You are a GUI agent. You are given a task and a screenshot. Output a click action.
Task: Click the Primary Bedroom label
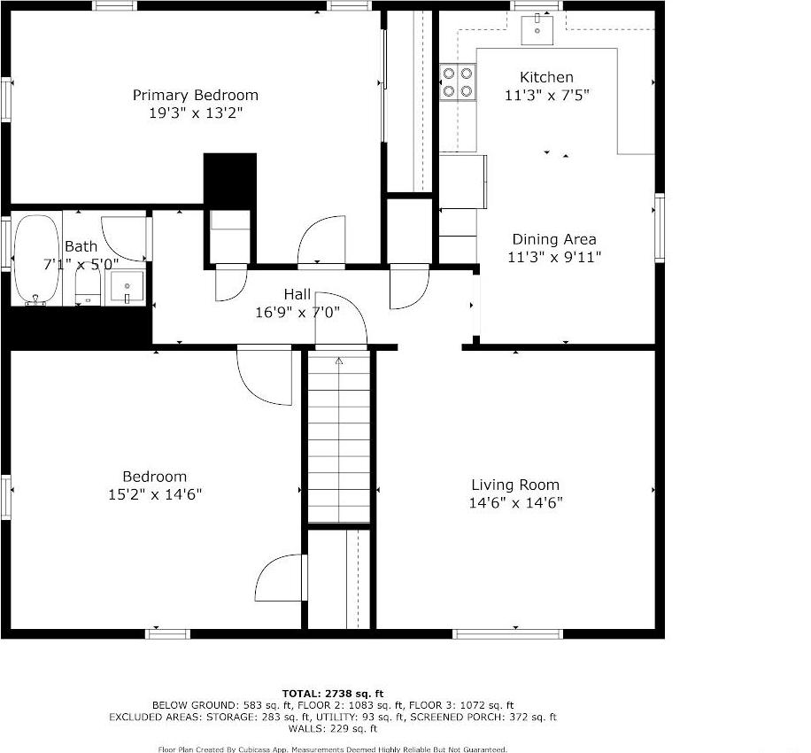(x=196, y=95)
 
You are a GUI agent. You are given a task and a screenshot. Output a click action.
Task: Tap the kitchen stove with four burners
(x=457, y=82)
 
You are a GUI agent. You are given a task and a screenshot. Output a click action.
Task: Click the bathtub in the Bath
(x=35, y=259)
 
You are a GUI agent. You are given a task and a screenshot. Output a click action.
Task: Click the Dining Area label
(x=553, y=239)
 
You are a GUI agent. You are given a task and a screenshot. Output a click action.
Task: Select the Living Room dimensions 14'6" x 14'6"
(x=515, y=503)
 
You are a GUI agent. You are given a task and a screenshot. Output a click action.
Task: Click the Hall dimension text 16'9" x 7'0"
(x=297, y=311)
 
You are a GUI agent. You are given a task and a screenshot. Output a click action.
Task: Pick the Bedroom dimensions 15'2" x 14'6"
(x=155, y=495)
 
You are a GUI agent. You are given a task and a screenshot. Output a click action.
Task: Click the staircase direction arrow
(x=338, y=361)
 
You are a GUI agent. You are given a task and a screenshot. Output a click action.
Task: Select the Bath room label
(x=81, y=246)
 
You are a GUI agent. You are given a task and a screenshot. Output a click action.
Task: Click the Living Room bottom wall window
(x=506, y=633)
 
